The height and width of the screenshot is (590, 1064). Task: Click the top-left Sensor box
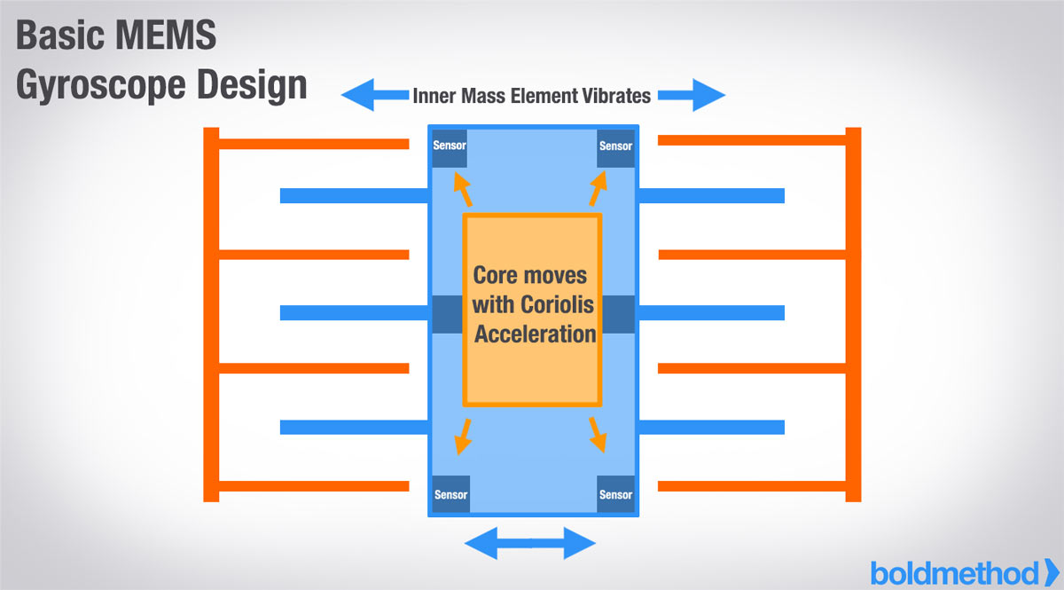pyautogui.click(x=450, y=146)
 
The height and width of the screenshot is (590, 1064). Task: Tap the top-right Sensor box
pyautogui.click(x=615, y=146)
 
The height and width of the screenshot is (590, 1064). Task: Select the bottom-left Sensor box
pyautogui.click(x=450, y=494)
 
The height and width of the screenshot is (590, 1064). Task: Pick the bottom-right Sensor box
pyautogui.click(x=615, y=494)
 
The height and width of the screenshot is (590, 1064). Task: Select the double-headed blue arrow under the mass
pyautogui.click(x=530, y=542)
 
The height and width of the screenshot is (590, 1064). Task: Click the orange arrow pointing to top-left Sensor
pyautogui.click(x=461, y=189)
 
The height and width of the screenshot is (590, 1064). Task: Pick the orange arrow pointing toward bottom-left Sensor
pyautogui.click(x=462, y=434)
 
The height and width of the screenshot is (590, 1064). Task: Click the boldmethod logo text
pyautogui.click(x=954, y=572)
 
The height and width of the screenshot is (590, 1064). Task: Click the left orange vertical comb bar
pyautogui.click(x=211, y=315)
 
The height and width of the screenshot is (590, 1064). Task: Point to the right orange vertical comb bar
pyautogui.click(x=853, y=315)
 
